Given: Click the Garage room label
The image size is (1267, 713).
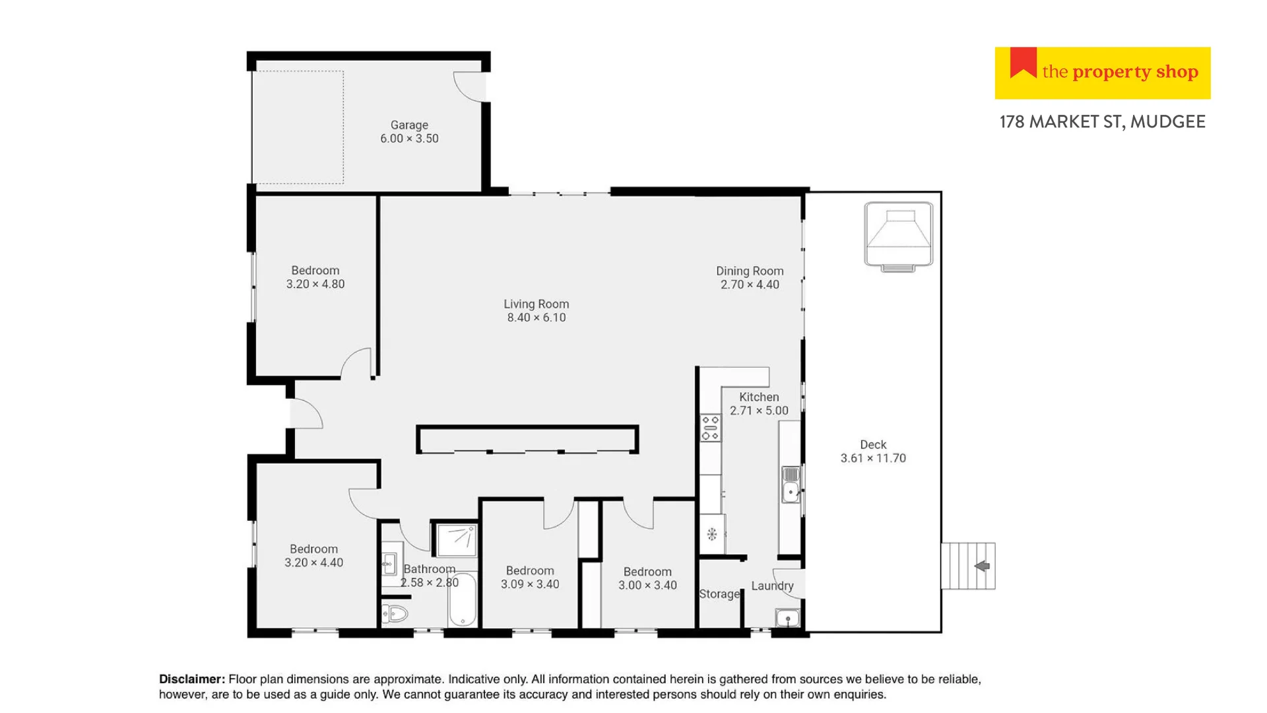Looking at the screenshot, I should pos(409,125).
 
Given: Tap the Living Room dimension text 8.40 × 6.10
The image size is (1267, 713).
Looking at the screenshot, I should pos(536,318).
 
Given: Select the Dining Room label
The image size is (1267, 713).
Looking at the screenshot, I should pos(750,271).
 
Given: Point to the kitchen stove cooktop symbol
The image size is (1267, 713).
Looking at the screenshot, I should pos(711,428).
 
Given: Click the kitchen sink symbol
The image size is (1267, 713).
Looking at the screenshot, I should pos(791,486).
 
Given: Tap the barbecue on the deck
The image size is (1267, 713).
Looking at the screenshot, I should pos(898,236).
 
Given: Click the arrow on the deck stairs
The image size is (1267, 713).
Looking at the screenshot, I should pos(982,566).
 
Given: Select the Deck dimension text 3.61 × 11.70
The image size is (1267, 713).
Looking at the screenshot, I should pos(872,458).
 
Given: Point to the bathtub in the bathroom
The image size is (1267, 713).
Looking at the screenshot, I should pos(463,599).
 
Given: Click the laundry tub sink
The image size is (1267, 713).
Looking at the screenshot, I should pos(787,619).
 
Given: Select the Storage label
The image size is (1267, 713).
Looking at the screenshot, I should pos(719,594).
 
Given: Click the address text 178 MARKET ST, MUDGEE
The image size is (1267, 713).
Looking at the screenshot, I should pos(1102,122).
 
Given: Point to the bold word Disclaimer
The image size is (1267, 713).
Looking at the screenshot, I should pos(192,679).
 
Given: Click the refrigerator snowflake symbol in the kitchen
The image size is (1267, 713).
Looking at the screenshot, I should pos(711,534).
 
